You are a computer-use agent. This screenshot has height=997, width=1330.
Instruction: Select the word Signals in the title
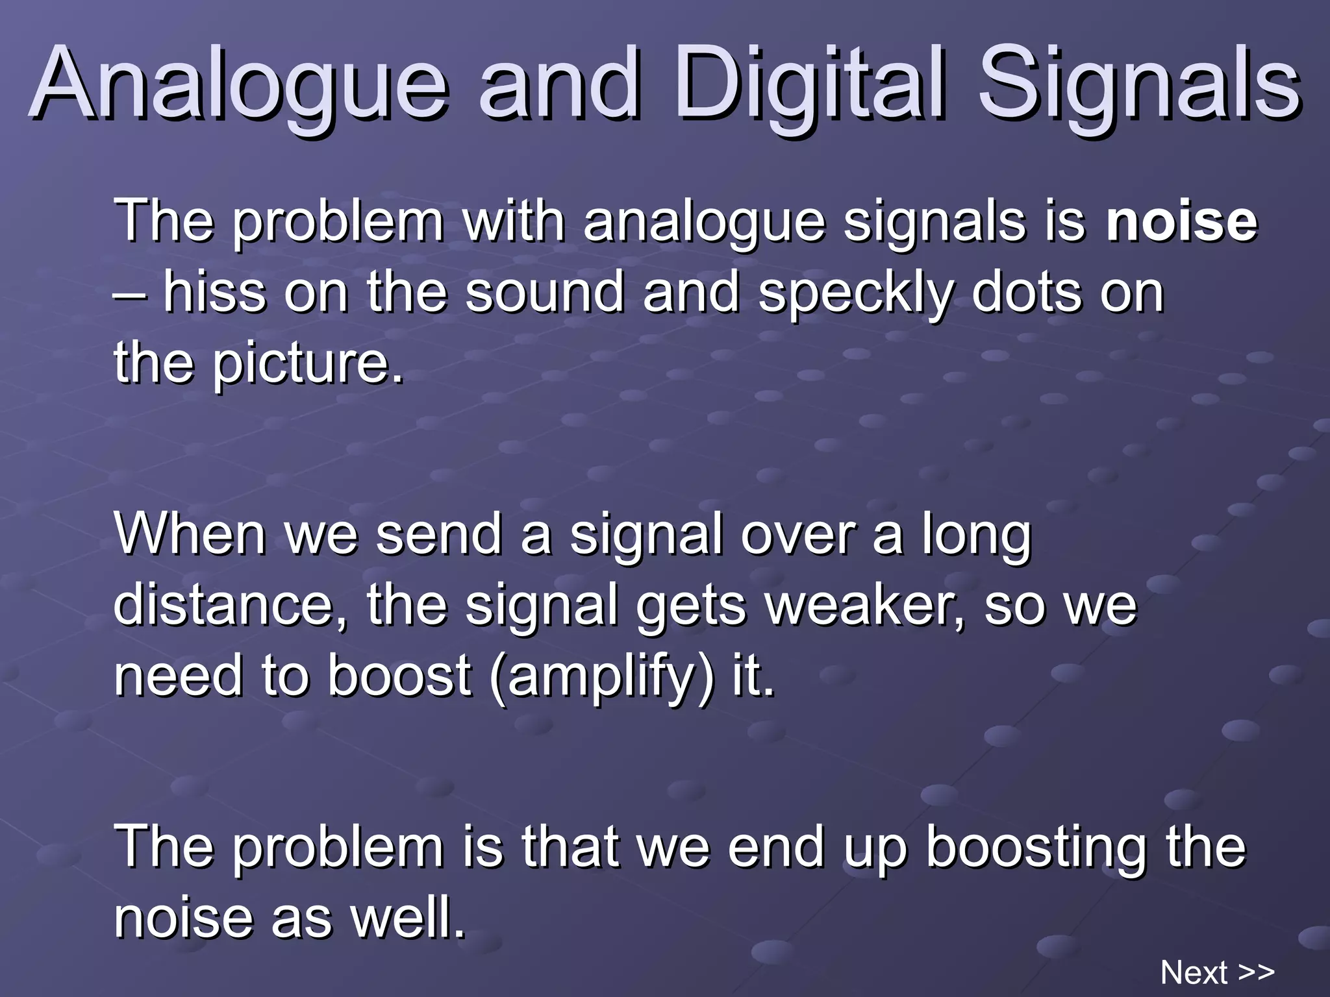(x=1139, y=84)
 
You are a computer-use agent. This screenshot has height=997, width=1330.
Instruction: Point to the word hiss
(x=214, y=292)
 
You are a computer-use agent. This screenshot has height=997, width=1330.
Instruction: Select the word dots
(x=1026, y=292)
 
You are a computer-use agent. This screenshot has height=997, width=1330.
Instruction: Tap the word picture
(x=308, y=363)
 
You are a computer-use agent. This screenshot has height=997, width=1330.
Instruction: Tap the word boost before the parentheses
(x=399, y=675)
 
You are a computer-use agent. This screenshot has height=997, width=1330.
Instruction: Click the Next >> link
(x=1217, y=972)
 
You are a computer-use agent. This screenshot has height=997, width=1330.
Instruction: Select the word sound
(x=544, y=292)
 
